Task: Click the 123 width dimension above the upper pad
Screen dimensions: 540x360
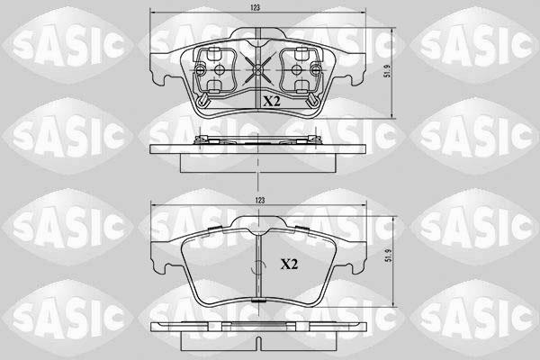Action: click(x=256, y=7)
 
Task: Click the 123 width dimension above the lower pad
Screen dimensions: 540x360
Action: click(x=260, y=200)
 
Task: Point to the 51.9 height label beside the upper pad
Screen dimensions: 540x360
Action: click(x=388, y=70)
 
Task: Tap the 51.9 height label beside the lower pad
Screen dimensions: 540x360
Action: click(x=389, y=256)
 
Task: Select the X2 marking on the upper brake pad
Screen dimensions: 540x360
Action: click(x=272, y=102)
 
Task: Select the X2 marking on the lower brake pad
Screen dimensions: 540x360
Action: click(x=289, y=265)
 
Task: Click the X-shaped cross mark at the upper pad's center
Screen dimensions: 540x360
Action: click(x=257, y=69)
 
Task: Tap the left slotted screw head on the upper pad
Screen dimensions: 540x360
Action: click(x=200, y=70)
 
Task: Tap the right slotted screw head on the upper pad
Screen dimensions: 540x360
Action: click(x=315, y=70)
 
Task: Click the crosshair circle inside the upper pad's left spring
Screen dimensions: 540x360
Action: click(x=219, y=70)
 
